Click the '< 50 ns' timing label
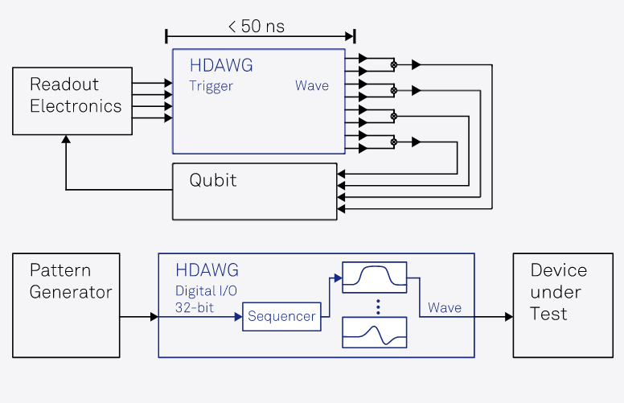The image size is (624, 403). coord(256,27)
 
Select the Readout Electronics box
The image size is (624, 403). coord(72,101)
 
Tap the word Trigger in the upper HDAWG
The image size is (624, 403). coord(211,86)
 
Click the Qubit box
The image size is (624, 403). coord(254,191)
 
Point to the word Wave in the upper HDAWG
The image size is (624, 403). coord(311,86)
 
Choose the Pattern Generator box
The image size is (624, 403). coord(65,305)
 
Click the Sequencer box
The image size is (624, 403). coord(281,316)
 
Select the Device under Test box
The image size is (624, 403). coord(561,305)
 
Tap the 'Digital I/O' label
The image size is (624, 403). coord(206,290)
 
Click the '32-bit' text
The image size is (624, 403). coord(195,307)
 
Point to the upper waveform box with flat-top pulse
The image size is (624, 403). coord(374,278)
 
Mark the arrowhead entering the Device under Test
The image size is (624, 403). coord(508,317)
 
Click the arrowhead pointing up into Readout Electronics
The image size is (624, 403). coord(66,140)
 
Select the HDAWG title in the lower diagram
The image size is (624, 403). coord(207,270)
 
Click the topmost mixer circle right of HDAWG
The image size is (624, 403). coord(393,64)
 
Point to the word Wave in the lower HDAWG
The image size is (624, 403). coord(445,308)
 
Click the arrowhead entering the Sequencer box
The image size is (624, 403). coord(238,317)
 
